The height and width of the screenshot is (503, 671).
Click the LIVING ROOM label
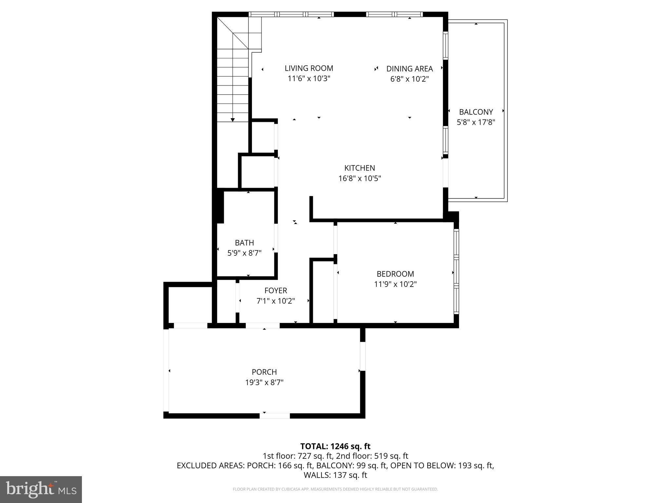coord(309,68)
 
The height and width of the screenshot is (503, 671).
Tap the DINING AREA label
coord(409,69)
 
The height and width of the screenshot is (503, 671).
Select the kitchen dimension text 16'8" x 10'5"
coord(359,178)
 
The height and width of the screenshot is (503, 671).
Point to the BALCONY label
coord(476,112)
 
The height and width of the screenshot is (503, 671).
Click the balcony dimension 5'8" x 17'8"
coord(476,122)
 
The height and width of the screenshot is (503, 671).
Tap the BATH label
coord(244,243)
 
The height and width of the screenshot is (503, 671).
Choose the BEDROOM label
coord(395,274)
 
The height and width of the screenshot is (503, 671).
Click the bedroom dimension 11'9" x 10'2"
coord(395,284)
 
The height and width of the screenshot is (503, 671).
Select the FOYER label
coord(276,290)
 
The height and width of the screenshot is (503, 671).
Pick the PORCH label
coord(264,372)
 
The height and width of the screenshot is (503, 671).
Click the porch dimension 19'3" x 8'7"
coord(264,382)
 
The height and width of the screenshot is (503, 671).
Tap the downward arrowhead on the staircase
coord(233,120)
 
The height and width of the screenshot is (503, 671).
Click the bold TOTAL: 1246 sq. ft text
coord(335,446)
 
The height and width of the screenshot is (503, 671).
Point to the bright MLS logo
coord(41,490)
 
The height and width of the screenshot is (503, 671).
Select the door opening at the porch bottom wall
coord(275,416)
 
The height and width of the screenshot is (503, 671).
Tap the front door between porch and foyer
coord(262,326)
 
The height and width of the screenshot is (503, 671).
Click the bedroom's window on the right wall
coord(456,271)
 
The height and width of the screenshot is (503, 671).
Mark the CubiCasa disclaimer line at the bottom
coord(335,489)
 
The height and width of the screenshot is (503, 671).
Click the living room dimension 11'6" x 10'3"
coord(309,79)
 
